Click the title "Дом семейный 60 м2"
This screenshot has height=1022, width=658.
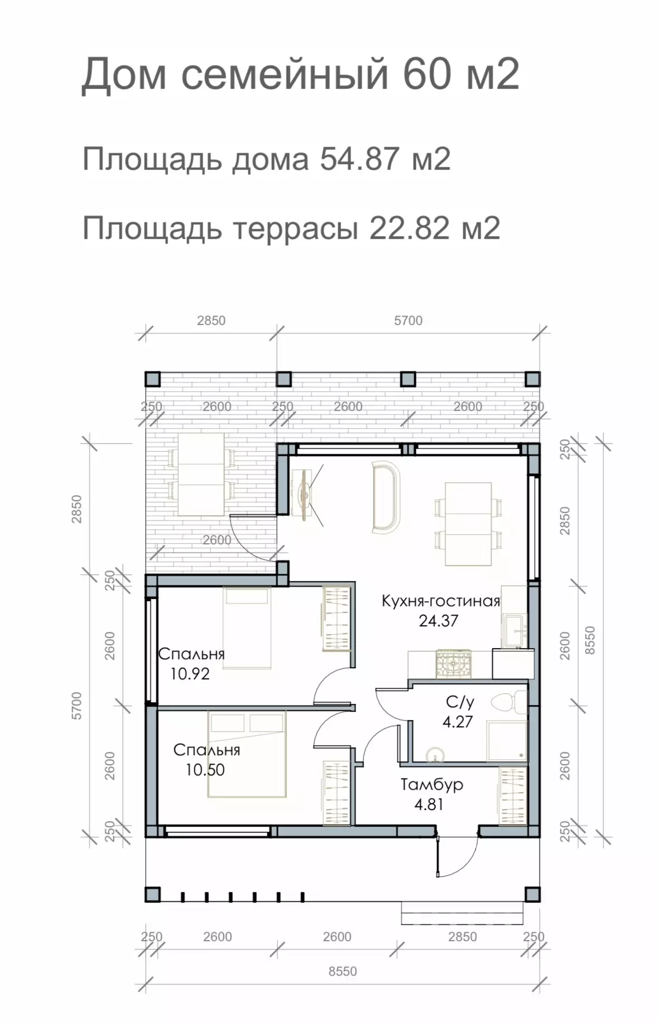click(300, 74)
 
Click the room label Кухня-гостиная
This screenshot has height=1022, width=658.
click(441, 601)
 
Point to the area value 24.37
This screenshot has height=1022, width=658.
click(439, 621)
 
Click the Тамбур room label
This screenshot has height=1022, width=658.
click(432, 784)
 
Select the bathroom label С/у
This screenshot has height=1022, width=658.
click(460, 702)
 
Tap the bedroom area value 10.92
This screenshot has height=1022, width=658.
click(190, 674)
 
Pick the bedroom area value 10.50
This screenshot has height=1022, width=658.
click(205, 770)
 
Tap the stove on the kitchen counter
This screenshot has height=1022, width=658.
click(453, 664)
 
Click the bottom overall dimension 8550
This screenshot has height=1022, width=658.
click(343, 971)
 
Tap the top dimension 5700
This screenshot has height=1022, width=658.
click(409, 320)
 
